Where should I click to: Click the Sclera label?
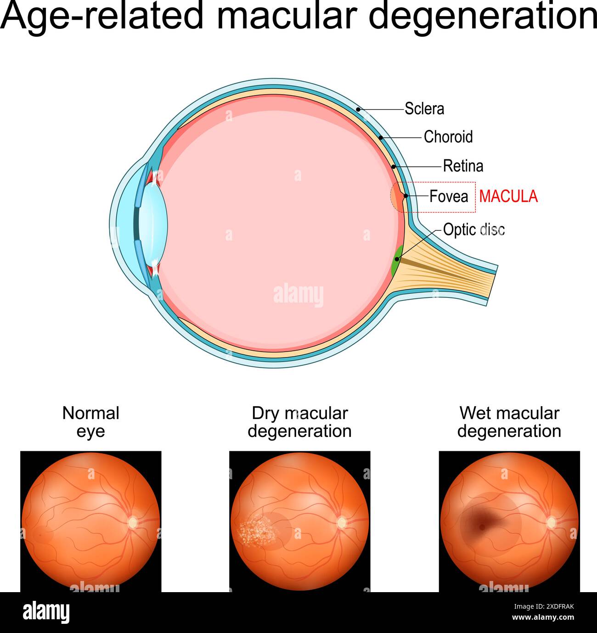pos(424,109)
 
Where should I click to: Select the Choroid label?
pos(448,137)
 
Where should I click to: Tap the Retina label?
pos(462,166)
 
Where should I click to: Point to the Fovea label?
pos(448,196)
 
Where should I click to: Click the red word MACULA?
pos(508,196)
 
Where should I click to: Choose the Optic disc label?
pos(473,230)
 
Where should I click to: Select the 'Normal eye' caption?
pos(90,422)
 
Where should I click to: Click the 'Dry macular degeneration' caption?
pos(299,422)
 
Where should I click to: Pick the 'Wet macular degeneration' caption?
pos(509,422)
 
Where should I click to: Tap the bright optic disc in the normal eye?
pos(132,522)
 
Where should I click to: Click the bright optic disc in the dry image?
pos(341,522)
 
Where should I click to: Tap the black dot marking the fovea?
pos(406,196)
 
